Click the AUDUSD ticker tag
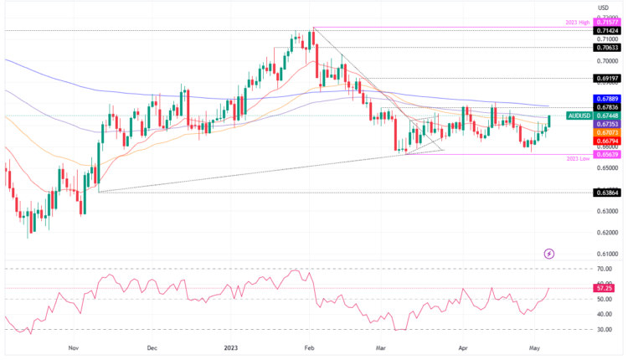pos(580,116)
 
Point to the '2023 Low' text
pos(582,158)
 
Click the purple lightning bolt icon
pos(549,253)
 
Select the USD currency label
pos(603,8)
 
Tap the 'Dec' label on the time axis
pos(152,346)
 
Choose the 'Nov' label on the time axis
pos(73,346)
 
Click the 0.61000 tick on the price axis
pos(607,254)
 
